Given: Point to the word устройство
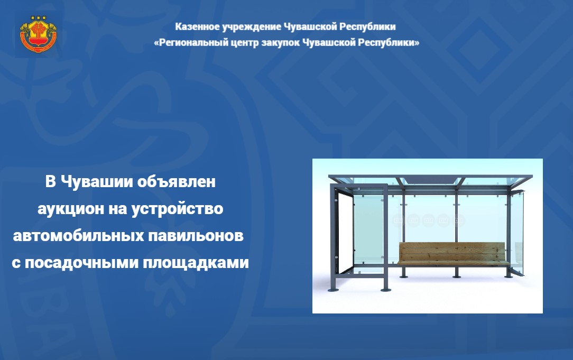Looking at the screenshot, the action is click(177, 209).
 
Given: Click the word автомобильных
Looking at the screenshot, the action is click(79, 235).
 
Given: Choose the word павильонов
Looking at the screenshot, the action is click(196, 235).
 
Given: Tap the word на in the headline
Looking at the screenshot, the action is click(117, 209).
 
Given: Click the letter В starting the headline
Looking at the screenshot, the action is click(50, 182).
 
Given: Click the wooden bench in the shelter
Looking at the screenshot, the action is click(453, 254).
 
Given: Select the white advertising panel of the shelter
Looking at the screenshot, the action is click(345, 233).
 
